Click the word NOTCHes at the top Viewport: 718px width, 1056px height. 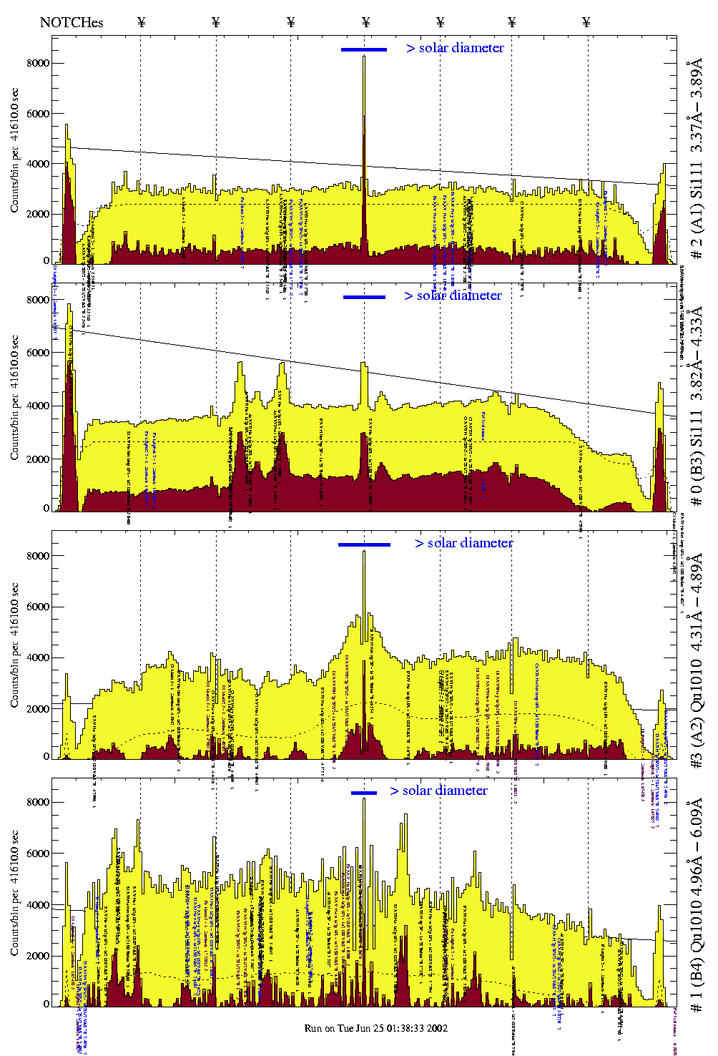(x=72, y=22)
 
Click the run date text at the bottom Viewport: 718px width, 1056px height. (x=376, y=1028)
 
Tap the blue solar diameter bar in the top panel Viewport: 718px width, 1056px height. (x=364, y=49)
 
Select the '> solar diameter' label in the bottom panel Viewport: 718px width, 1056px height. (x=439, y=791)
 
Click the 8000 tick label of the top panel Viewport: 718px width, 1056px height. (x=37, y=63)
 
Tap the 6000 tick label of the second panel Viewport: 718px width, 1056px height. (x=37, y=353)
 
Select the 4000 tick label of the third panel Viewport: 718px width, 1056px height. (x=37, y=657)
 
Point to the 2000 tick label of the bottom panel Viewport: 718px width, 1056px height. (x=37, y=956)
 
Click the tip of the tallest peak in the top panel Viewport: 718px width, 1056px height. (x=364, y=57)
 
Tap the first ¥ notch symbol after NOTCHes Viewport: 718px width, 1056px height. (x=141, y=22)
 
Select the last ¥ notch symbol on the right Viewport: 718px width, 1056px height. (x=586, y=22)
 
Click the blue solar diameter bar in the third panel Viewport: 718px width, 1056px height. (x=364, y=544)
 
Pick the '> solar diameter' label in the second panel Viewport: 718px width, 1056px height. (x=453, y=295)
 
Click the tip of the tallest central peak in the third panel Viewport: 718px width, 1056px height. (x=364, y=552)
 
